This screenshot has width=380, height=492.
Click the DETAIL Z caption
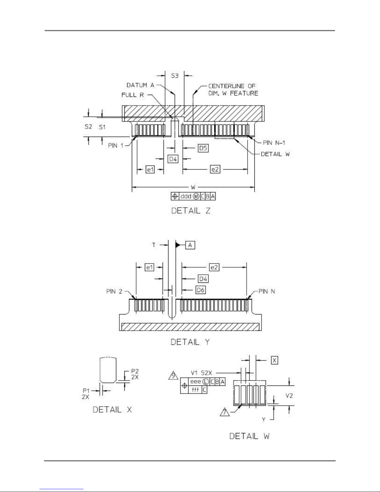pyautogui.click(x=191, y=211)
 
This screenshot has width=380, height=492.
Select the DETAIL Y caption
pyautogui.click(x=190, y=342)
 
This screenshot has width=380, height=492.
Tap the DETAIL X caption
pyautogui.click(x=112, y=409)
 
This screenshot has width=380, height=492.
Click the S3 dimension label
pyautogui.click(x=175, y=76)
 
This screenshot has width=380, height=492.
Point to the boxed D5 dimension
pyautogui.click(x=203, y=148)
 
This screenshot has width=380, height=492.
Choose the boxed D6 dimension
pyautogui.click(x=201, y=290)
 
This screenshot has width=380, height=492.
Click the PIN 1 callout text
pyautogui.click(x=116, y=145)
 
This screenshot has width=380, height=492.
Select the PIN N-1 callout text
pyautogui.click(x=274, y=143)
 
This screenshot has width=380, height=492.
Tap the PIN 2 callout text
pyautogui.click(x=114, y=291)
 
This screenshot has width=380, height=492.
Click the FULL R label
pyautogui.click(x=132, y=95)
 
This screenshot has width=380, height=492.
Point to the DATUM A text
pyautogui.click(x=140, y=85)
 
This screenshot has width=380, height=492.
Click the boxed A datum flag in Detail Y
pyautogui.click(x=190, y=245)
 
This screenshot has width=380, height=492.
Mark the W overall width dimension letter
pyautogui.click(x=193, y=187)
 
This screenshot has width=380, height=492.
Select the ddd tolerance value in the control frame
pyautogui.click(x=186, y=196)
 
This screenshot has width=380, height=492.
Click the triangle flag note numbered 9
pyautogui.click(x=173, y=376)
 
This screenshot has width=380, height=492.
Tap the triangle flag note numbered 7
pyautogui.click(x=225, y=412)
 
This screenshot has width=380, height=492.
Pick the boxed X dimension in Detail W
pyautogui.click(x=274, y=360)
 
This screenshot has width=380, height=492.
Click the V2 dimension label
pyautogui.click(x=289, y=395)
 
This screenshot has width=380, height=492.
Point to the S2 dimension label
pyautogui.click(x=88, y=127)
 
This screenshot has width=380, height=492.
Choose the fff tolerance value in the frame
pyautogui.click(x=195, y=390)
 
